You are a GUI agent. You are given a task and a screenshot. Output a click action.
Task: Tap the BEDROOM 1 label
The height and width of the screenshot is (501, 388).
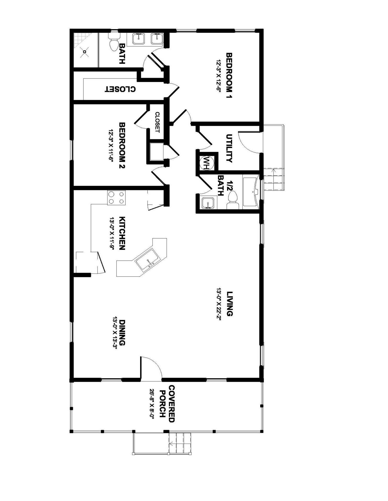tap(229, 76)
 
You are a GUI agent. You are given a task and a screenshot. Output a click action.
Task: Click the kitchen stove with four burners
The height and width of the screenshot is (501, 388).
tap(116, 198)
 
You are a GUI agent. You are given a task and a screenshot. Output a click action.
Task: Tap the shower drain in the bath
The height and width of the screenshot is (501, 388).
tap(84, 52)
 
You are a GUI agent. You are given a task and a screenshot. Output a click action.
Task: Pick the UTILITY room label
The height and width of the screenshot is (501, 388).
tap(229, 148)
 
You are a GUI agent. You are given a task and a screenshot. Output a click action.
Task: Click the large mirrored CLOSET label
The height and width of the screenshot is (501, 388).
tap(120, 89)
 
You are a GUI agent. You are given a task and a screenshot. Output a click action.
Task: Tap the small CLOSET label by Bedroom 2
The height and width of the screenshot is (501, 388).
tap(157, 122)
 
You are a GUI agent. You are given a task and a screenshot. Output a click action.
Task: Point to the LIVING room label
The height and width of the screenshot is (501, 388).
tap(229, 304)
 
